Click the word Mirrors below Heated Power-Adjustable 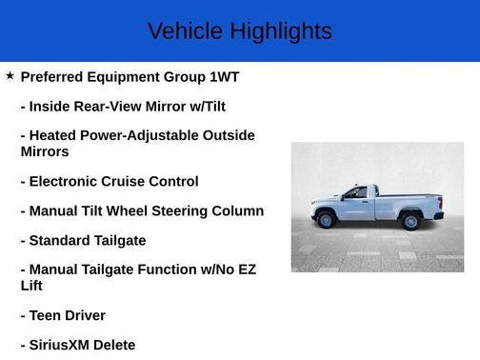45,151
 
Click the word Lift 32,285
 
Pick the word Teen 49,315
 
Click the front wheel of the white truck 326,221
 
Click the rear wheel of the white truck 411,221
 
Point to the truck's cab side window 357,193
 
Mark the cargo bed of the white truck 408,203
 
